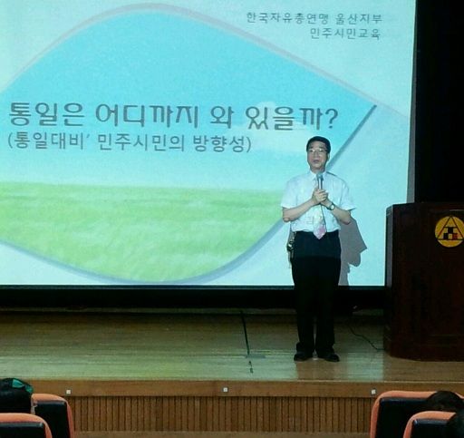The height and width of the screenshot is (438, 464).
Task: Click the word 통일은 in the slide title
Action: (x=46, y=115)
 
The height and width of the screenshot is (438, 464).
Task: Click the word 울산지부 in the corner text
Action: (x=359, y=18)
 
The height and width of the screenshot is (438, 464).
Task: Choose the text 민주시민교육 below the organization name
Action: (x=345, y=34)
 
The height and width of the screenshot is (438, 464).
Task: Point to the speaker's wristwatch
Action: (x=332, y=207)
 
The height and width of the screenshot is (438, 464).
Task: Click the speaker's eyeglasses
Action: (x=317, y=151)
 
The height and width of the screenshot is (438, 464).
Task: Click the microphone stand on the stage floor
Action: (x=247, y=342)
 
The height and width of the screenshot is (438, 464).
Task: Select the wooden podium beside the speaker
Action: (x=424, y=281)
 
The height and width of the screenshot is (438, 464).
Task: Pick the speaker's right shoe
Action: (x=303, y=355)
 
